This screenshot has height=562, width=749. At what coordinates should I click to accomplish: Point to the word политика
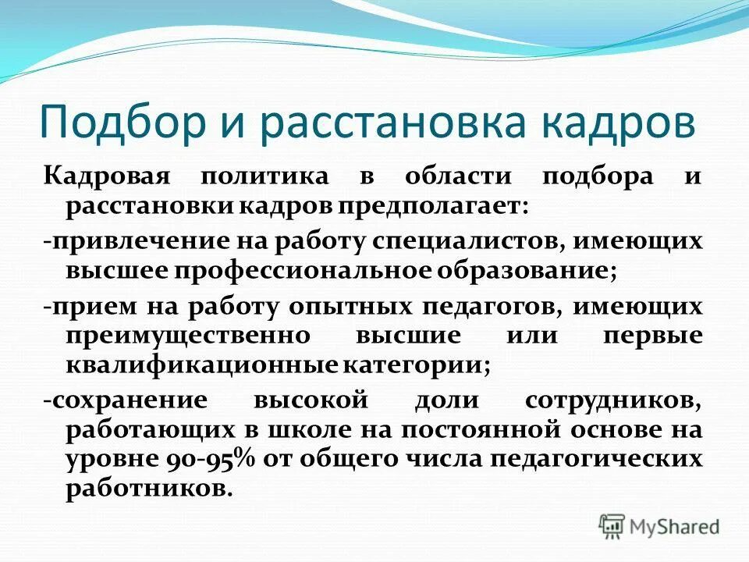[x=264, y=177]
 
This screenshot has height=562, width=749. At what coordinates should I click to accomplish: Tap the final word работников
[x=149, y=490]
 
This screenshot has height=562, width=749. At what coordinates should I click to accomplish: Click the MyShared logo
[x=659, y=526]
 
